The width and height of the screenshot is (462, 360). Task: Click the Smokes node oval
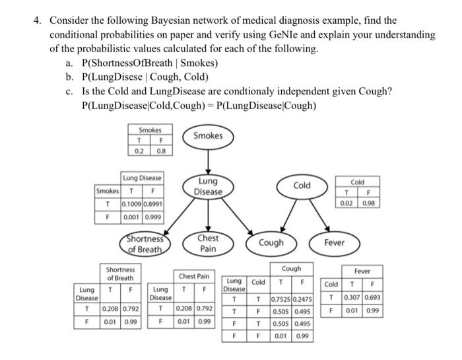coord(208,136)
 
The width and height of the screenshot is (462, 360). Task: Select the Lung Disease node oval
coord(208,187)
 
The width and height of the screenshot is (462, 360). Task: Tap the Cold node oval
coord(302,186)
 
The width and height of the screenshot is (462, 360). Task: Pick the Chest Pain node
coord(208,242)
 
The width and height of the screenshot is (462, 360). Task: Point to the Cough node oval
coord(271,242)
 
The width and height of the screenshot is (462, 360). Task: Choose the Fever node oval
coord(334,242)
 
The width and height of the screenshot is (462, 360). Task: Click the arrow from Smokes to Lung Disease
coord(208,161)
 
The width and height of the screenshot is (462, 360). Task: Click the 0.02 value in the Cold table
coord(346,203)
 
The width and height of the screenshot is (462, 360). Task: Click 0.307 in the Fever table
coord(353,299)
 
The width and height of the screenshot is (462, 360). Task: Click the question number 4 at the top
coord(37,21)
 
